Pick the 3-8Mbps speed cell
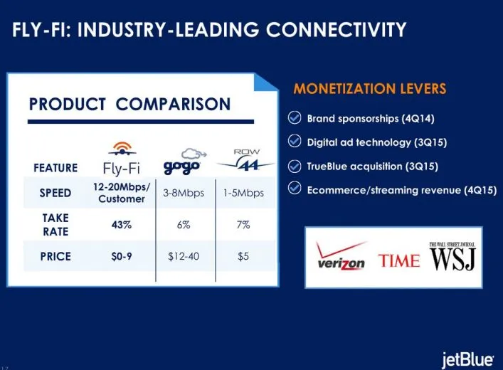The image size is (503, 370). (184, 194)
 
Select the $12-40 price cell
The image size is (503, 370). (184, 255)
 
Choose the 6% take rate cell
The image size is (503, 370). (184, 225)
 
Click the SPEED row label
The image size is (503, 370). (55, 194)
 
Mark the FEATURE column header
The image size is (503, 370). (55, 169)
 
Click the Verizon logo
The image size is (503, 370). (341, 259)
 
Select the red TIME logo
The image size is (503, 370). (398, 260)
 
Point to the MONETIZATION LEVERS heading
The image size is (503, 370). (369, 89)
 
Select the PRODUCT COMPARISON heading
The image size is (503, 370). (129, 104)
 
